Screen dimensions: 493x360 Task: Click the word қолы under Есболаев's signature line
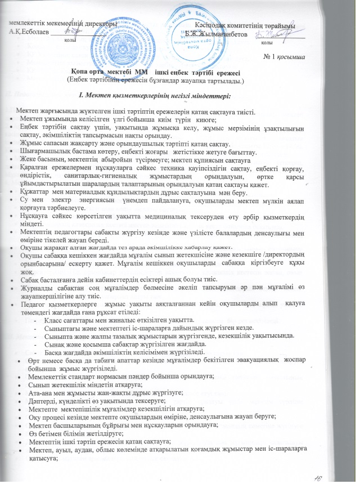coord(71,41)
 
